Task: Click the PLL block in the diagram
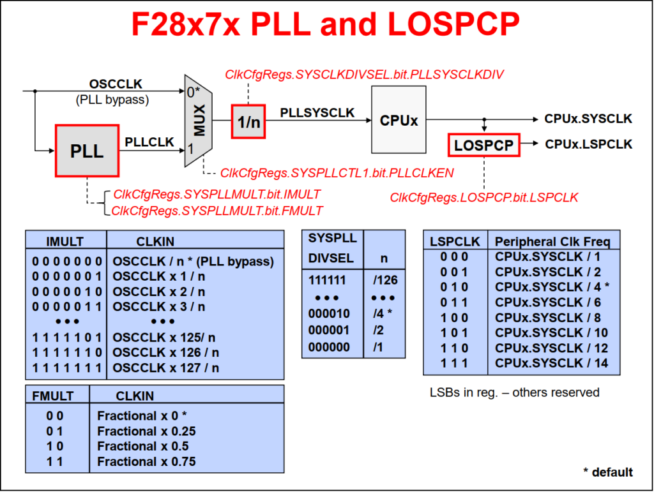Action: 87,151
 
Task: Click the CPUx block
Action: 399,119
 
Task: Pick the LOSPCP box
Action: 483,145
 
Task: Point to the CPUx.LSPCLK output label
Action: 588,144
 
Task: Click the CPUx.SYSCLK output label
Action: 588,119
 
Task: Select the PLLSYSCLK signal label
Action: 317,112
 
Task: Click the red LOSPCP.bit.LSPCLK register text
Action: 483,198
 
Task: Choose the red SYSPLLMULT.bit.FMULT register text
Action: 217,210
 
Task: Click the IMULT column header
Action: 65,241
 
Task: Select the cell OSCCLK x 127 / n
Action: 166,368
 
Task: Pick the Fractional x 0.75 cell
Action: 146,461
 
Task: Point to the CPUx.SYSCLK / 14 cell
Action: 551,363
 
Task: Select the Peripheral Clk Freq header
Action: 552,241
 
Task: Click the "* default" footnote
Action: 607,472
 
